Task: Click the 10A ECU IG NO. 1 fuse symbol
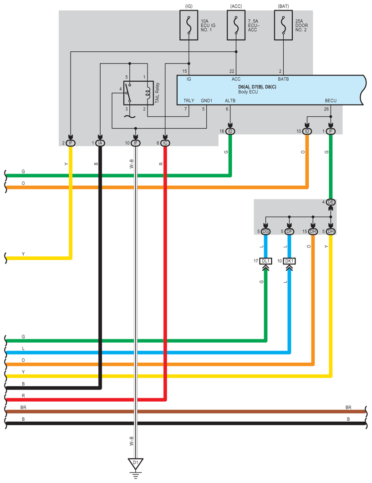click(x=189, y=25)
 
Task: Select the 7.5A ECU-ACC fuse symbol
click(x=236, y=25)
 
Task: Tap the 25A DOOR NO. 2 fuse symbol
click(x=283, y=25)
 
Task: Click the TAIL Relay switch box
click(x=138, y=93)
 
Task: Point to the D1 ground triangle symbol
click(x=136, y=464)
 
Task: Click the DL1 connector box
click(x=265, y=261)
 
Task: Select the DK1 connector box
click(x=289, y=261)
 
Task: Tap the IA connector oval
click(x=100, y=143)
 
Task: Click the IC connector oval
click(x=165, y=143)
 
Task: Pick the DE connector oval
click(x=331, y=202)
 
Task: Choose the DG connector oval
click(x=265, y=231)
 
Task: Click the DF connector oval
click(x=289, y=231)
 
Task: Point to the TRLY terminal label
click(x=189, y=101)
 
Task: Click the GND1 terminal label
click(x=207, y=101)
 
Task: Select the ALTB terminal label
click(x=230, y=101)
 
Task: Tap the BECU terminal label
click(x=331, y=101)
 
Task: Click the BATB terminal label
click(x=283, y=79)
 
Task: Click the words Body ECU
click(x=248, y=92)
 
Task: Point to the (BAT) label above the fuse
click(x=283, y=6)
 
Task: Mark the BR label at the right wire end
click(x=348, y=407)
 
